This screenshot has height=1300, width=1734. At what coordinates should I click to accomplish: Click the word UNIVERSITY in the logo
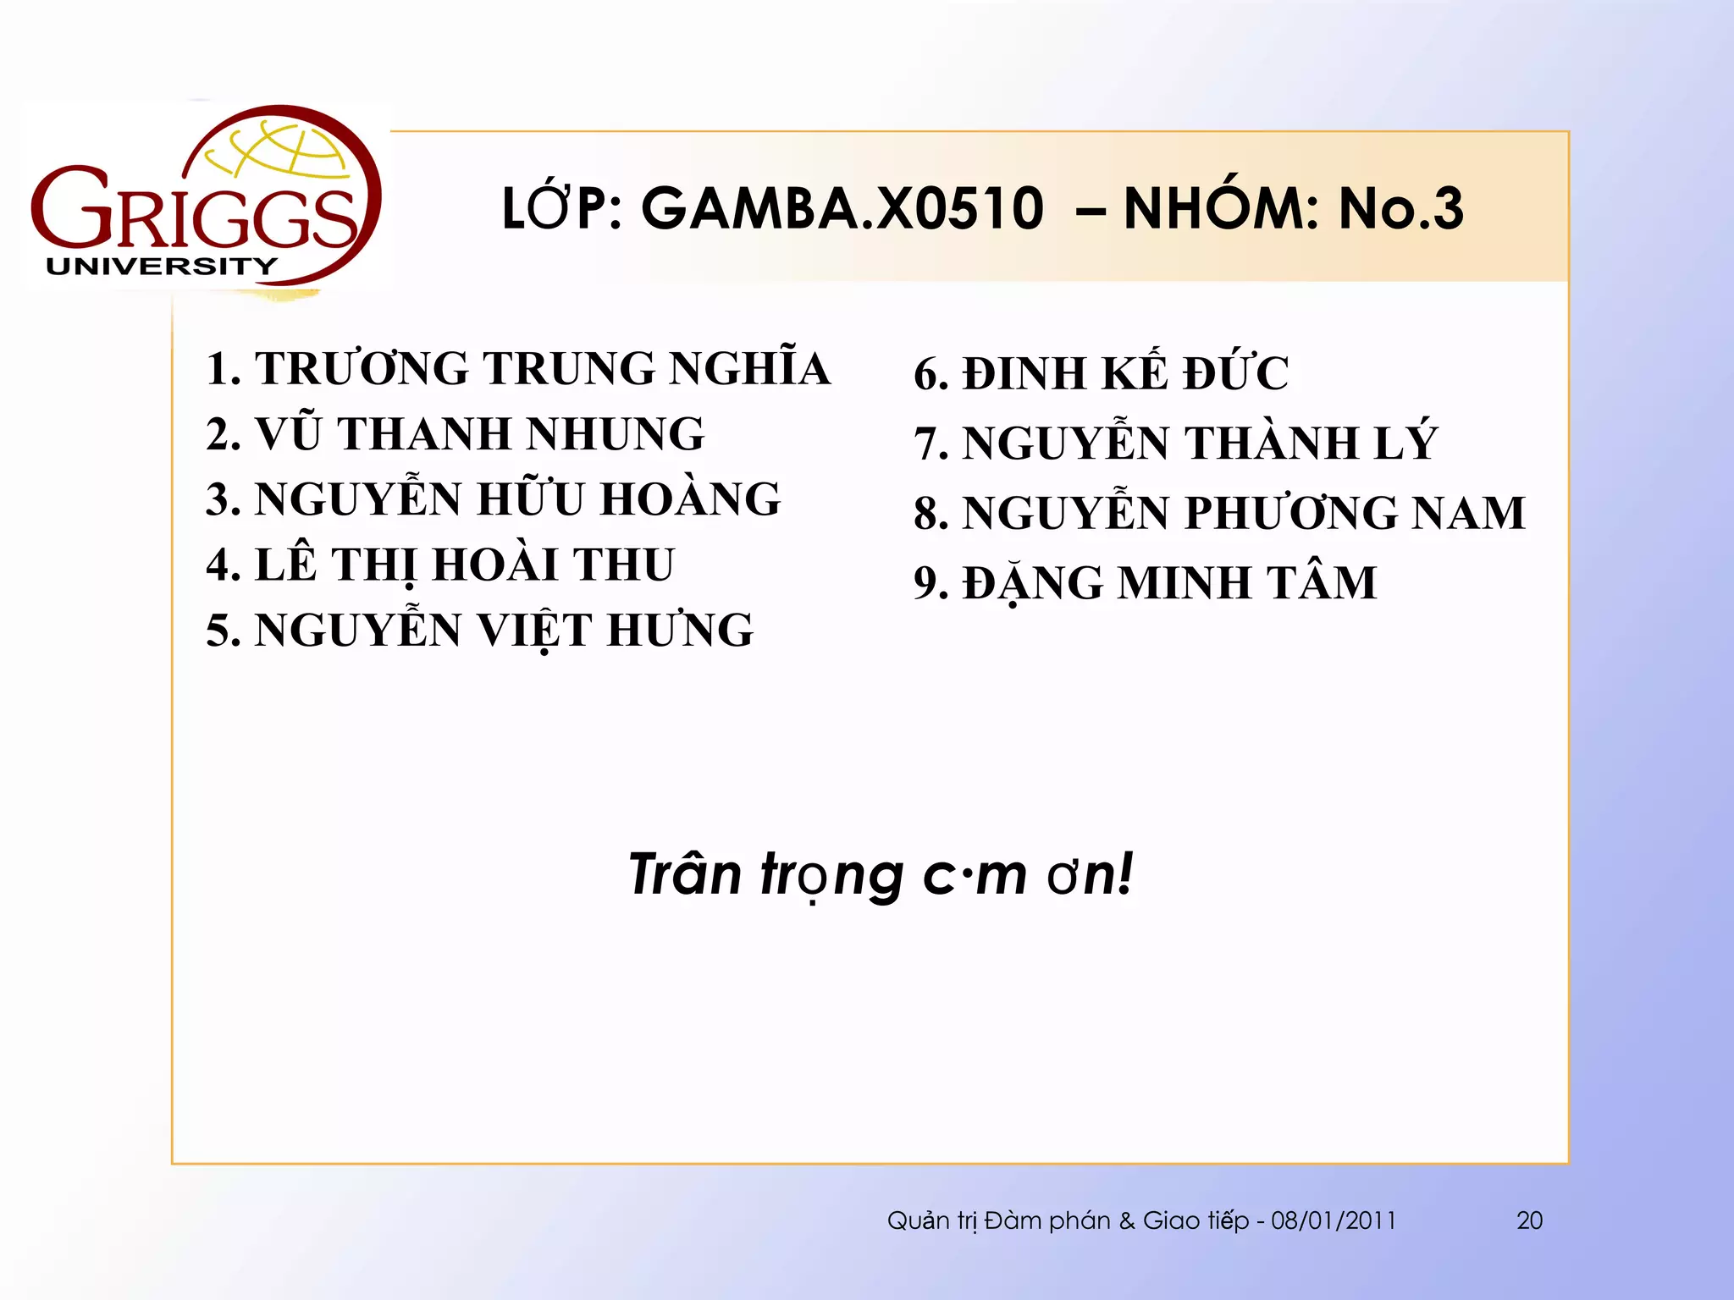point(161,267)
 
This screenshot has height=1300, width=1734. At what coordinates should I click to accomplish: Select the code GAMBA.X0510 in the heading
point(842,209)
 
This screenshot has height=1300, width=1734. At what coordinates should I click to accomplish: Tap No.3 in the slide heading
point(1400,209)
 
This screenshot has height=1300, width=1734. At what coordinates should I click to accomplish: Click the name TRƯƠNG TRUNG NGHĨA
point(542,369)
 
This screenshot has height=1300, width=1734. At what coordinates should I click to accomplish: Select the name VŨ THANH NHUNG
point(479,434)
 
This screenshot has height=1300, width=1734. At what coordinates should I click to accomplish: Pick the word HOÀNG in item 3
point(690,499)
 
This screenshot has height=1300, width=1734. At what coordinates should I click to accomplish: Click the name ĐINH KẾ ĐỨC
point(1125,374)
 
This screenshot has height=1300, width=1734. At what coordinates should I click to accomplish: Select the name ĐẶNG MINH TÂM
point(1169,583)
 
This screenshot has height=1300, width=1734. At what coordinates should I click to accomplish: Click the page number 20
point(1529,1220)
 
